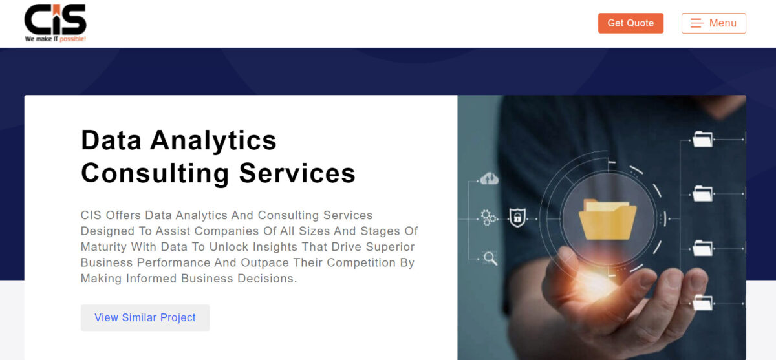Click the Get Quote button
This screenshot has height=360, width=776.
(x=630, y=23)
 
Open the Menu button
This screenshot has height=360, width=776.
(x=714, y=23)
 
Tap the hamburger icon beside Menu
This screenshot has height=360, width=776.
(x=696, y=23)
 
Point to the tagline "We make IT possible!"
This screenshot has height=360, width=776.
(x=56, y=39)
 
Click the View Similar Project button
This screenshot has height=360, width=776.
(x=145, y=317)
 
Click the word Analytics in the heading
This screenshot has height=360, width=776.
(x=213, y=141)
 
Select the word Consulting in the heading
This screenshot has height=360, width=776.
(x=155, y=173)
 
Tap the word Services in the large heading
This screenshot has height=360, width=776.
(x=297, y=173)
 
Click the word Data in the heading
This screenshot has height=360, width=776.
(x=111, y=140)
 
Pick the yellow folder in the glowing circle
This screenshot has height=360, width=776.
(x=607, y=219)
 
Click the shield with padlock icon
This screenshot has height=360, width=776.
(x=517, y=217)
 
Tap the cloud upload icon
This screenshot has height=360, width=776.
(x=489, y=178)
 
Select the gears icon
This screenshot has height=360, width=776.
(x=488, y=217)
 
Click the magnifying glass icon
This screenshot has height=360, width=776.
(x=490, y=259)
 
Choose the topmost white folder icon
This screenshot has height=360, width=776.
(x=702, y=139)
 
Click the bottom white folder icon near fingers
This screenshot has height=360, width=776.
(x=702, y=303)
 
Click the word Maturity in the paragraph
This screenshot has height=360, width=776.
(x=103, y=247)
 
